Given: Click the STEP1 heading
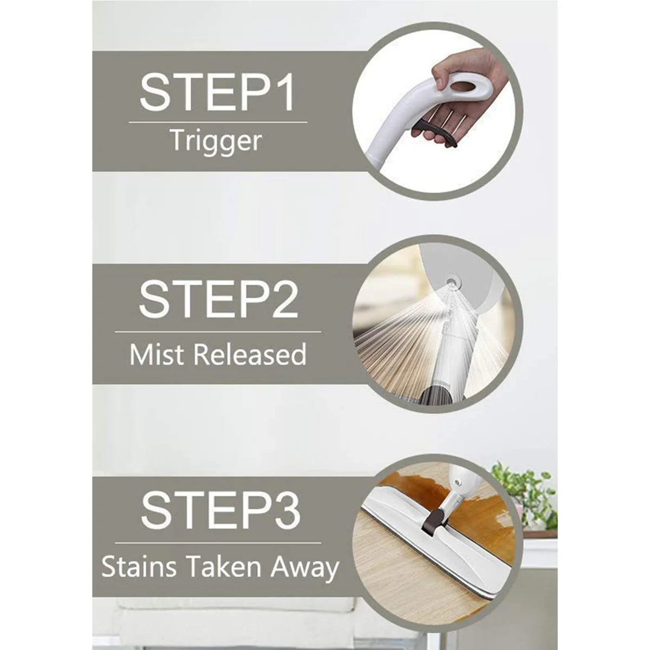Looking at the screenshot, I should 217,93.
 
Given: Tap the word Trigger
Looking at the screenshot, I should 216,142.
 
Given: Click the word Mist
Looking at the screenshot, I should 158,354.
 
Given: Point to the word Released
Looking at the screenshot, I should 250,354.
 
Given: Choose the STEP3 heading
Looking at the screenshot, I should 220,510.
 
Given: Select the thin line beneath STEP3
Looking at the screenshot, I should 218,542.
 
